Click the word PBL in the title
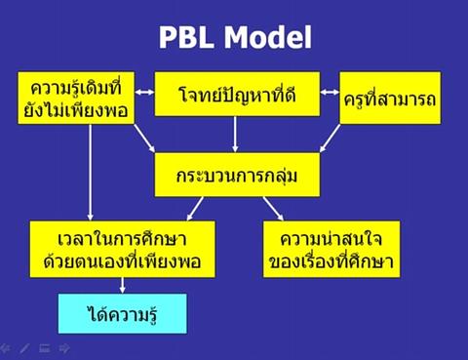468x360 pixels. (x=190, y=37)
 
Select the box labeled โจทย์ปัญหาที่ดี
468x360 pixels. (x=238, y=94)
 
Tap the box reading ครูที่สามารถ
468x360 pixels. (x=388, y=100)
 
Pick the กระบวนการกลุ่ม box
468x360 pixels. (x=238, y=175)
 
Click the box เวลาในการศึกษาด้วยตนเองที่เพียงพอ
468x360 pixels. (x=122, y=250)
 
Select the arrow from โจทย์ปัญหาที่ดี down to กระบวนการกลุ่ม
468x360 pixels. (x=238, y=134)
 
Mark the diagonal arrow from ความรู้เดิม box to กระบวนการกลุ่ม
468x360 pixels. (x=146, y=140)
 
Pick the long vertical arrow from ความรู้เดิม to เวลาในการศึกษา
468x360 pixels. (x=91, y=176)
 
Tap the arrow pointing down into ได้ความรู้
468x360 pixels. (x=122, y=285)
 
